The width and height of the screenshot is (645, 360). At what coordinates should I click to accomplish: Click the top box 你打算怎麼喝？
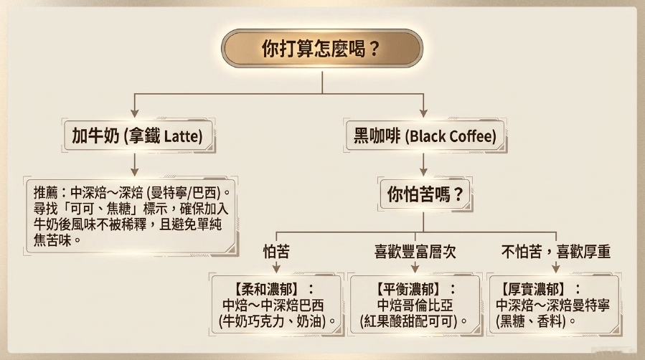point(322,49)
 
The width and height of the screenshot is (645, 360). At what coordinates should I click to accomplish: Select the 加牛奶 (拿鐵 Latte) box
point(138,136)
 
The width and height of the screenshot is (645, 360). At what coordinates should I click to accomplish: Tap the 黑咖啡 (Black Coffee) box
point(425,136)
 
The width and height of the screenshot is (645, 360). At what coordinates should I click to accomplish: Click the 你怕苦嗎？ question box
point(425,194)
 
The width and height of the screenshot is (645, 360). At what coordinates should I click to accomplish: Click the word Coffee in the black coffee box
point(472,136)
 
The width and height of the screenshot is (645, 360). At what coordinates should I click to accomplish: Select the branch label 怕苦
point(276,252)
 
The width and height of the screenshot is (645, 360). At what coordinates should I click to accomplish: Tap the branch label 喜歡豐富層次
point(415,252)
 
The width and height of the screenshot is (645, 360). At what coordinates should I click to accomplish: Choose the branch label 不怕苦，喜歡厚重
point(556,252)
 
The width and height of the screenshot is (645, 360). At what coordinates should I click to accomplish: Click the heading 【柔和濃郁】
point(268,290)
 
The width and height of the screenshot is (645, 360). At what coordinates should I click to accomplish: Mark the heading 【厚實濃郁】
point(534,290)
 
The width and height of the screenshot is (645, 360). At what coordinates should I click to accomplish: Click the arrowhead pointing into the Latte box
point(134,113)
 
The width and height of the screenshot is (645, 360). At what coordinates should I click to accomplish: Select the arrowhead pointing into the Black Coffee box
point(424,113)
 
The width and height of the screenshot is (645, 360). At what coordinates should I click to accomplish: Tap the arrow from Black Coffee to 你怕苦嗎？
point(424,165)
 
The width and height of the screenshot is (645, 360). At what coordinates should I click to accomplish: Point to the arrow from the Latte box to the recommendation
point(134,165)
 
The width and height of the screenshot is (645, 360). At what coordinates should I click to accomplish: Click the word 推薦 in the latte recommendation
point(46,192)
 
